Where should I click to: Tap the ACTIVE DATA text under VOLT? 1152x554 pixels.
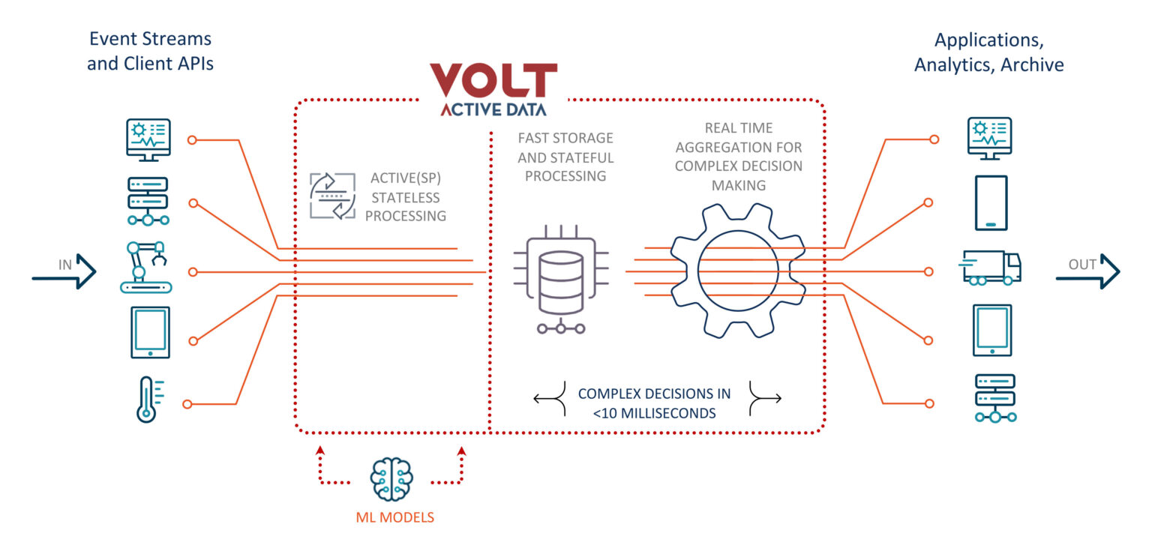[493, 109]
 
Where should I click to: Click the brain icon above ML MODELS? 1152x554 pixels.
[391, 479]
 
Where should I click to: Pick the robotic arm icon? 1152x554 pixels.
[147, 266]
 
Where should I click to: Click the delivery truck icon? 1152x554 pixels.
[991, 268]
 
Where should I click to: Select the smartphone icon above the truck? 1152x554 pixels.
[991, 202]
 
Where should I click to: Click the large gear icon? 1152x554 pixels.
[737, 271]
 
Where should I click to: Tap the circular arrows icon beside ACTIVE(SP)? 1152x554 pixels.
[332, 196]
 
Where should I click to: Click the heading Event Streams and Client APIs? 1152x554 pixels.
[150, 51]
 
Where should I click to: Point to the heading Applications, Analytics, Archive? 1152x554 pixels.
[988, 52]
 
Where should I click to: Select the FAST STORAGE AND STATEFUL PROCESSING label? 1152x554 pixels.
[565, 157]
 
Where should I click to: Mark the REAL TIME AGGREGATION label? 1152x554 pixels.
[738, 157]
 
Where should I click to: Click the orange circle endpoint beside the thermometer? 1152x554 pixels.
[187, 404]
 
